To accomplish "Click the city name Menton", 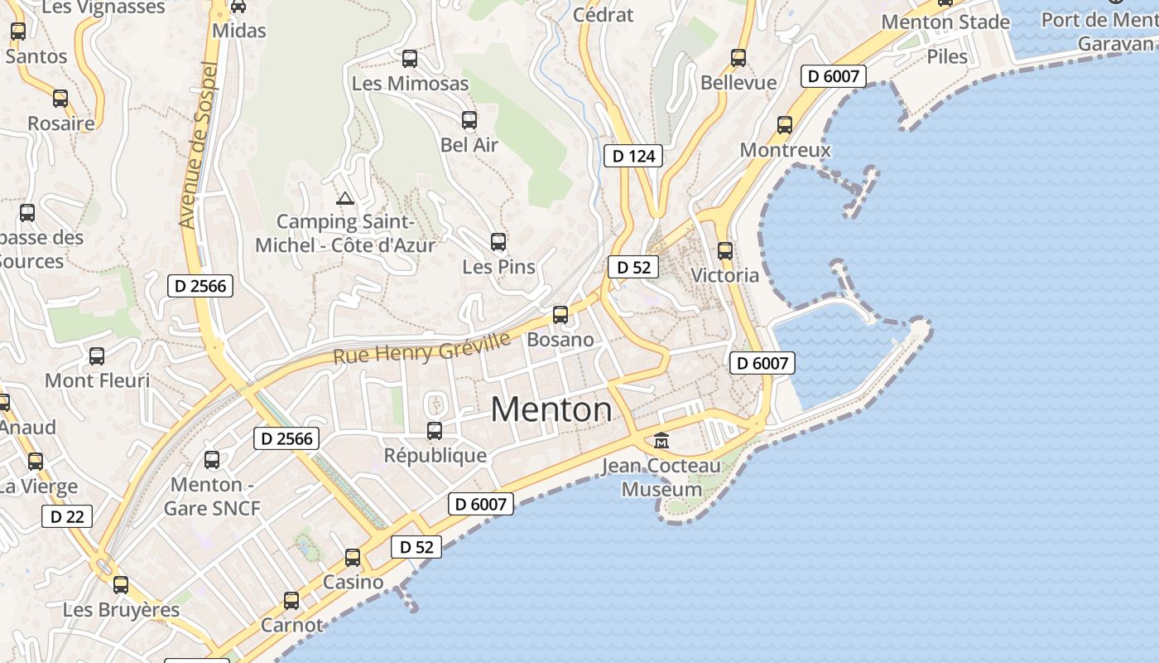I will [x=551, y=409].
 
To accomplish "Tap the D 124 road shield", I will [x=633, y=155].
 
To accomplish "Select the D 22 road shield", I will [x=67, y=516].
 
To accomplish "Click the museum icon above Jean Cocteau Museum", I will [x=661, y=440].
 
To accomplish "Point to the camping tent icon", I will [x=344, y=198].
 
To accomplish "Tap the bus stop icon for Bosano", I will [x=560, y=315].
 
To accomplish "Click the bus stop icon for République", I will [x=435, y=431].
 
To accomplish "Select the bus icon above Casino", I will [x=353, y=558].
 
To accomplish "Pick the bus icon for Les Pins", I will [x=498, y=242].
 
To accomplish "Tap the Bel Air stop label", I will [x=469, y=145].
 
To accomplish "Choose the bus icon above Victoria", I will [x=725, y=250].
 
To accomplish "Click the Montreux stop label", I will [x=785, y=150].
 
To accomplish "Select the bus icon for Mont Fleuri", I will [x=97, y=356].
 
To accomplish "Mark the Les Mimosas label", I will [x=410, y=84].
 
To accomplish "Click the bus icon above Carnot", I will [x=291, y=601].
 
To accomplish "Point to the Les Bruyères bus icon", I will [x=121, y=585].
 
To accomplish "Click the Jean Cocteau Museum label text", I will [x=661, y=477].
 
